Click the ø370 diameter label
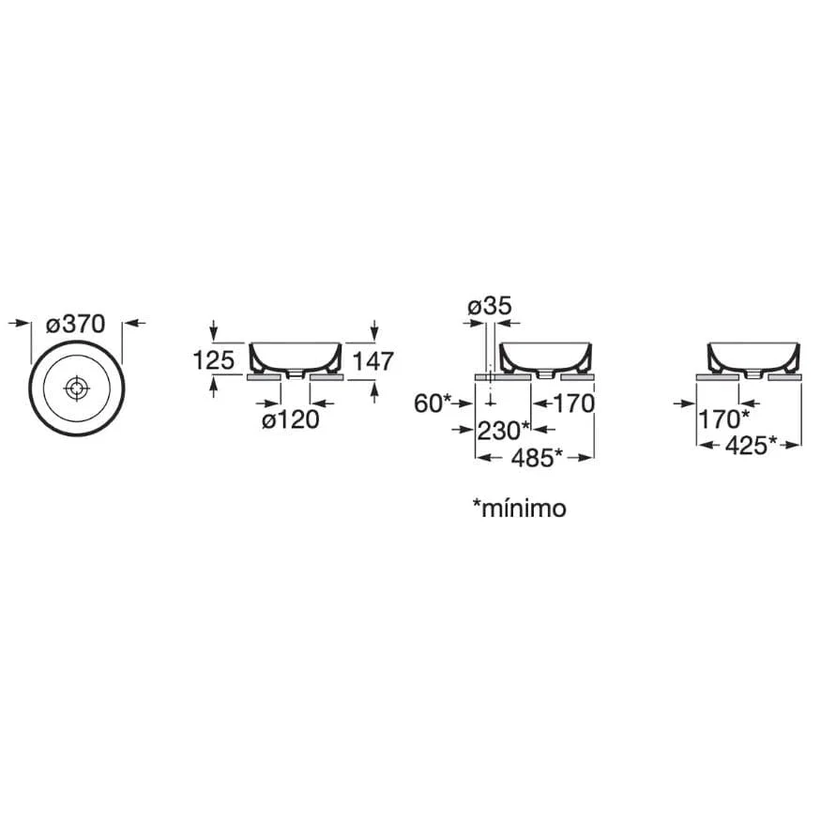tap(75, 324)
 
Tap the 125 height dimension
tap(214, 360)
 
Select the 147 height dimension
tap(372, 360)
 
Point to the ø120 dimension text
tap(291, 419)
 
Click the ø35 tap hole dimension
tap(490, 306)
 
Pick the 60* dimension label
tap(432, 403)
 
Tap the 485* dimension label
tap(537, 458)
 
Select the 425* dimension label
tap(752, 446)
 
